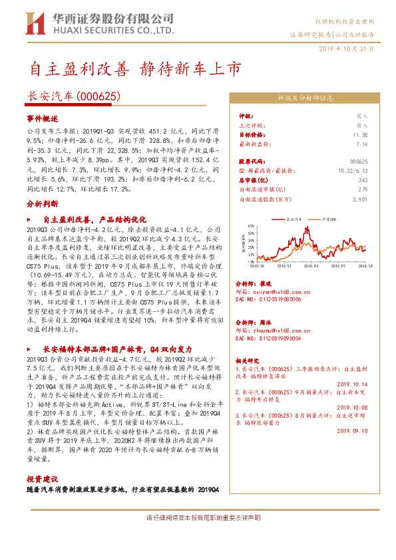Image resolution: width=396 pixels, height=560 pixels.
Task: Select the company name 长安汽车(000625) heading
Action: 73,96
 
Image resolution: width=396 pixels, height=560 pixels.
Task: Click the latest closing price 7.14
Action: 362,143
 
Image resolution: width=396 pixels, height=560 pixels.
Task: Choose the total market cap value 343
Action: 363,180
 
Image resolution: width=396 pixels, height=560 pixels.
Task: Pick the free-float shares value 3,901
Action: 360,199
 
